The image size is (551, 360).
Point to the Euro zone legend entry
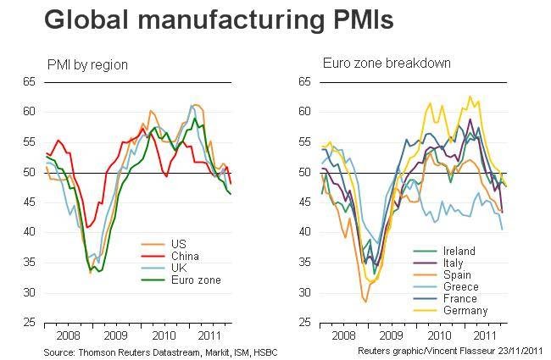pyautogui.click(x=192, y=280)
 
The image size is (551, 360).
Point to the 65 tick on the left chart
pyautogui.click(x=30, y=82)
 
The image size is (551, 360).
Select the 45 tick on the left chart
pyautogui.click(x=30, y=202)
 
